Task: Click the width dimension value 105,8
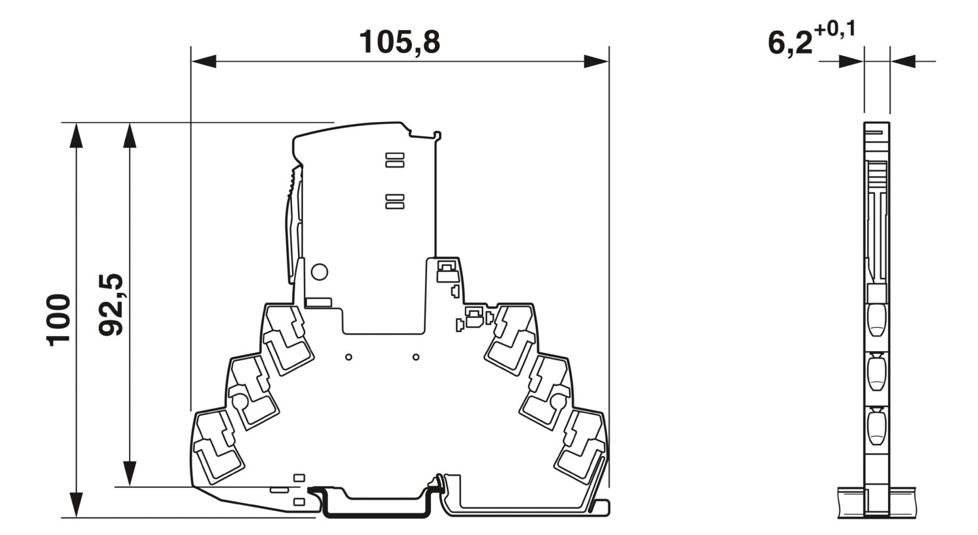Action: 400,42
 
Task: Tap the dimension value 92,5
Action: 111,305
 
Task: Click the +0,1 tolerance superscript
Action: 834,30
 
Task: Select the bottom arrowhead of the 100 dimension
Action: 77,506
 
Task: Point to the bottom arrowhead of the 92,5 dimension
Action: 130,474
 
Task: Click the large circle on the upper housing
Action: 319,271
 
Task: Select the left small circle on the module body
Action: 349,357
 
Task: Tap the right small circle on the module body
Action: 416,357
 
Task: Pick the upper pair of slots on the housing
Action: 395,160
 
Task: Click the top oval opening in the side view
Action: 877,319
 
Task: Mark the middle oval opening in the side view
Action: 877,373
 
